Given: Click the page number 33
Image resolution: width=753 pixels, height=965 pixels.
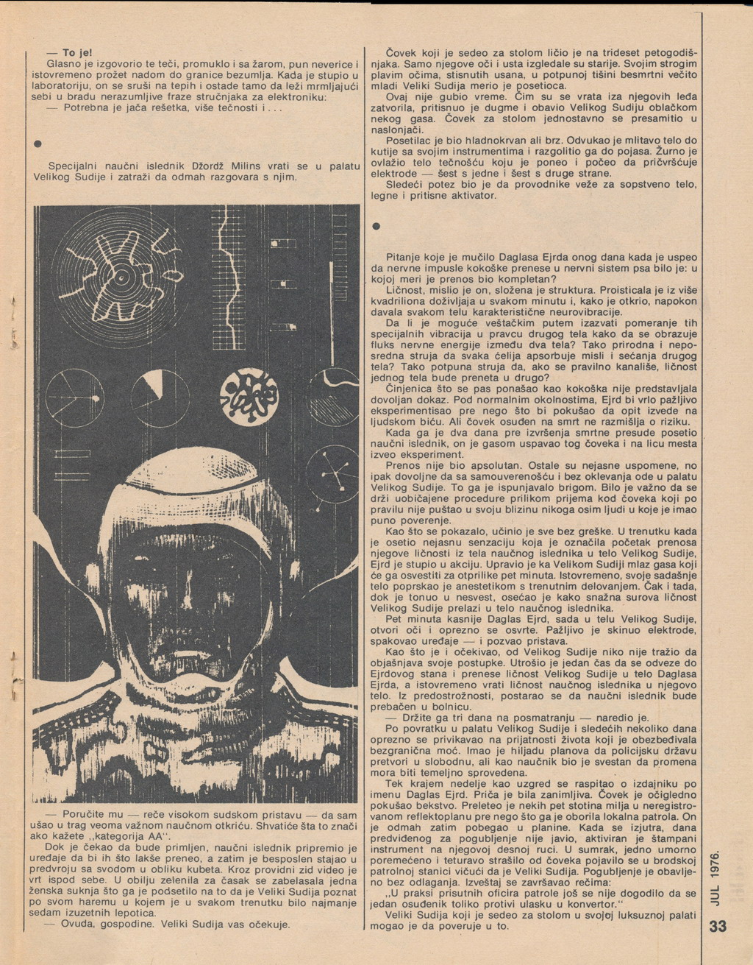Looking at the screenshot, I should coord(718,926).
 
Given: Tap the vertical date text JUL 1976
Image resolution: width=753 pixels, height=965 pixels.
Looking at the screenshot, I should coord(718,877).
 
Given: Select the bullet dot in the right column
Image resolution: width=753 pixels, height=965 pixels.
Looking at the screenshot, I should coord(375,226).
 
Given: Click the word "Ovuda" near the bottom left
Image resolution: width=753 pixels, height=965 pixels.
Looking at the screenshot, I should coord(77,924).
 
